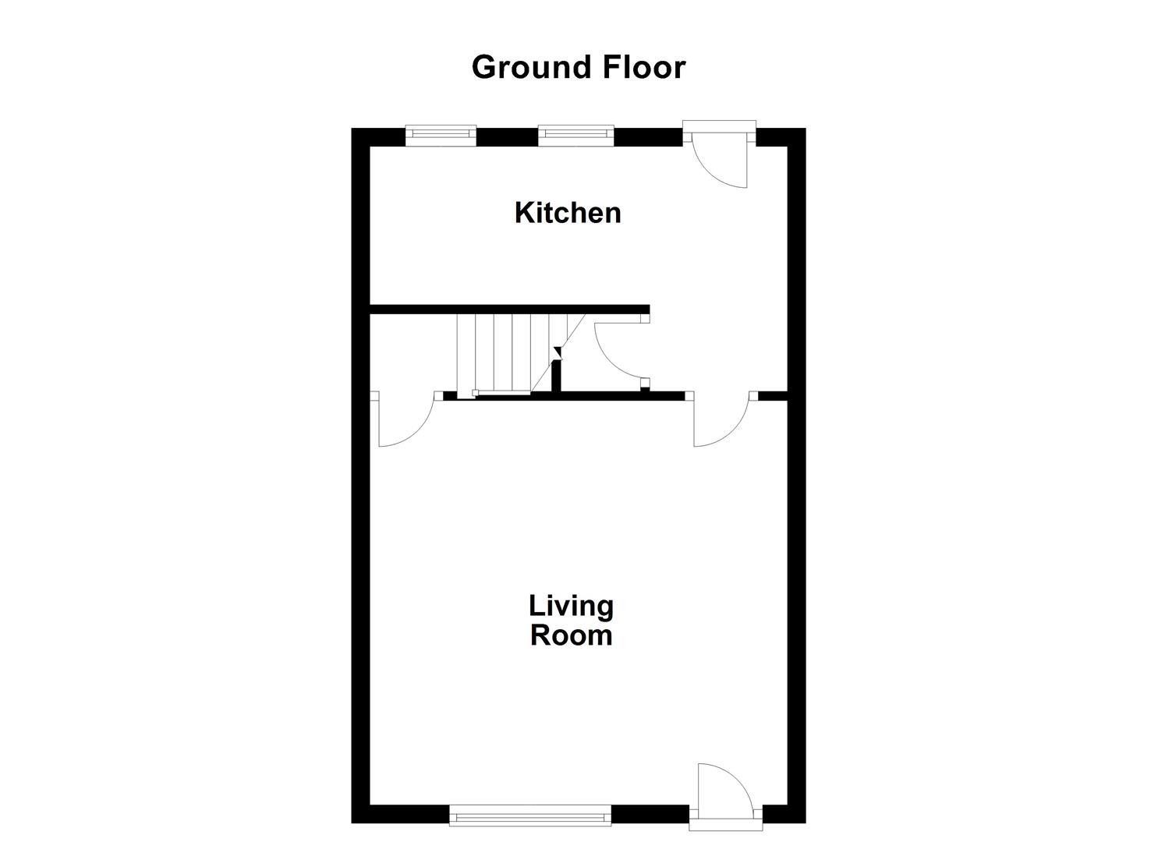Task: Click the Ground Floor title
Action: pos(578,67)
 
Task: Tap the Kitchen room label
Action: pos(568,212)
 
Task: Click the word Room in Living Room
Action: pos(571,635)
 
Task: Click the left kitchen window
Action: pos(441,135)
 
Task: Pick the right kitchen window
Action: pos(576,135)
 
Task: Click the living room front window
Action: pos(530,816)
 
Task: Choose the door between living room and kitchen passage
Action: pos(721,421)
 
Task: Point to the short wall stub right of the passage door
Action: pos(772,396)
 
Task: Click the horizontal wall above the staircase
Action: pos(507,309)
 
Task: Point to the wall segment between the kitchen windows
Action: pos(507,137)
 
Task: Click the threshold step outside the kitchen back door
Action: pos(719,125)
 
